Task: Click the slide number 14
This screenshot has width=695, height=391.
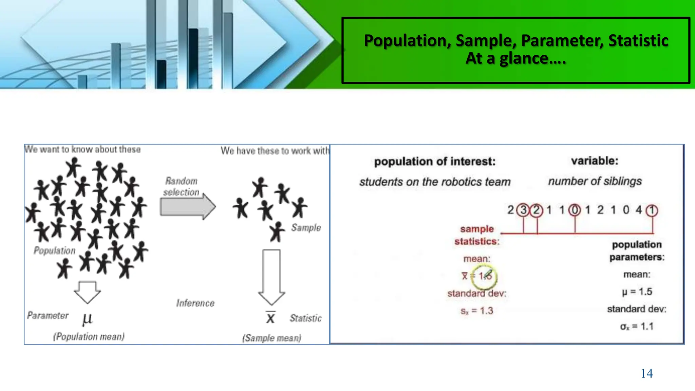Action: [x=646, y=373]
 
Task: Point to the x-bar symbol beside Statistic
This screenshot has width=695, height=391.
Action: [x=270, y=317]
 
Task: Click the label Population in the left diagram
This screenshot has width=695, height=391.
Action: [x=54, y=250]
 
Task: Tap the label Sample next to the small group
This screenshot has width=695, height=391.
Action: [x=306, y=227]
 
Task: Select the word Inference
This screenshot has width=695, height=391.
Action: [x=195, y=303]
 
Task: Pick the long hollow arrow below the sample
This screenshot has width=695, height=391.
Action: [x=271, y=277]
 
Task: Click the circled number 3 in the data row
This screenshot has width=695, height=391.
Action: [x=523, y=210]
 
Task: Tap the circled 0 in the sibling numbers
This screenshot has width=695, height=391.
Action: [x=575, y=210]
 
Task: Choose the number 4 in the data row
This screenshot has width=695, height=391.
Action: [x=639, y=210]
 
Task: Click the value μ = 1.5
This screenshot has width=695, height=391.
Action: [x=637, y=292]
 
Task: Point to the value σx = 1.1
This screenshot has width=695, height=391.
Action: [x=637, y=327]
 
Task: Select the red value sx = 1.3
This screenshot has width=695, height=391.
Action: [x=476, y=311]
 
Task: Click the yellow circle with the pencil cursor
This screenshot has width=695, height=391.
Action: [x=485, y=276]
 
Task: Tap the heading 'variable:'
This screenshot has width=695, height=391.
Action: [x=595, y=161]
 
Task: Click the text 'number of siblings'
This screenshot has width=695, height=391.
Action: [x=595, y=181]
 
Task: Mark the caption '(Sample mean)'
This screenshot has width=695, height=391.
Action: [x=271, y=338]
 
